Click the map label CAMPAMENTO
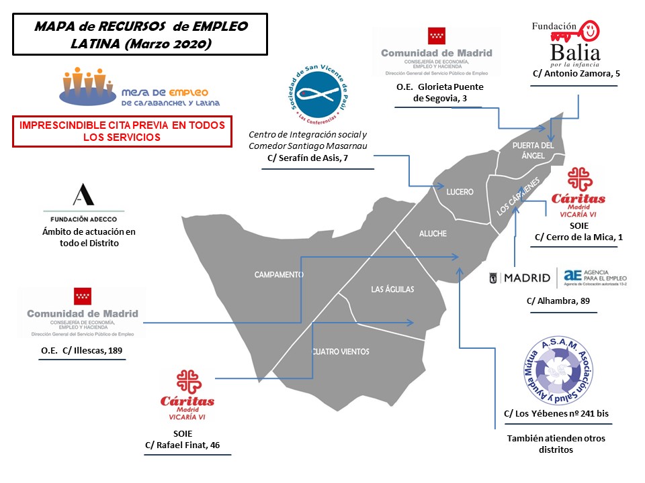coord(279,275)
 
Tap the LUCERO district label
coord(460,192)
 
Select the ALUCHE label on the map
coord(433,233)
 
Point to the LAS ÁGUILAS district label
coord(392,290)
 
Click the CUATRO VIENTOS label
coord(341,352)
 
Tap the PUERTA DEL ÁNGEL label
coord(533,150)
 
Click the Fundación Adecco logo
coord(84,202)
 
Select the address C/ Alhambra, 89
coord(558,301)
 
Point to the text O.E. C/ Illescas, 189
coord(82,350)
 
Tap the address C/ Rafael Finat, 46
coord(187,445)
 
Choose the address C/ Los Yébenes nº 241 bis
coord(556,413)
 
